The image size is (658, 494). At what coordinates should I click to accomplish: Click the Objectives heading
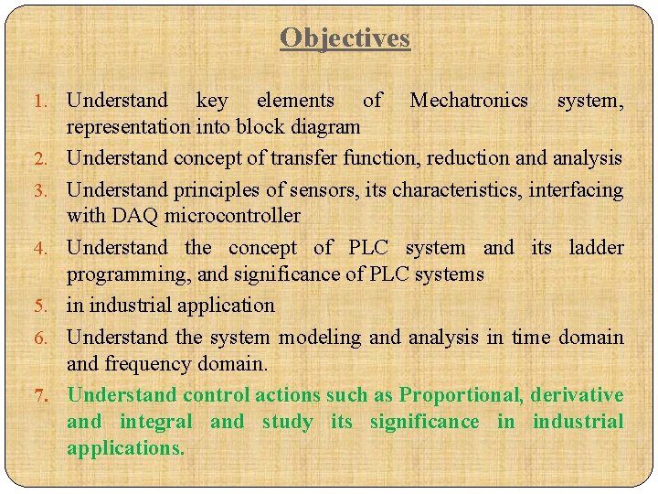[345, 38]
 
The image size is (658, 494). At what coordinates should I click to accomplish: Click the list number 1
[52, 101]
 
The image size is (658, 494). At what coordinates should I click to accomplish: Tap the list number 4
[52, 249]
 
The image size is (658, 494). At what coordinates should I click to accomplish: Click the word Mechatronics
[468, 100]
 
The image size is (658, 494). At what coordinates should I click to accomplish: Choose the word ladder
[596, 247]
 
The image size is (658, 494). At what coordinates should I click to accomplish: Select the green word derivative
[577, 395]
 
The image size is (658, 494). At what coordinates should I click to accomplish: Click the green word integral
[155, 422]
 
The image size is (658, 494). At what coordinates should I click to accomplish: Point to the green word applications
[125, 448]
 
